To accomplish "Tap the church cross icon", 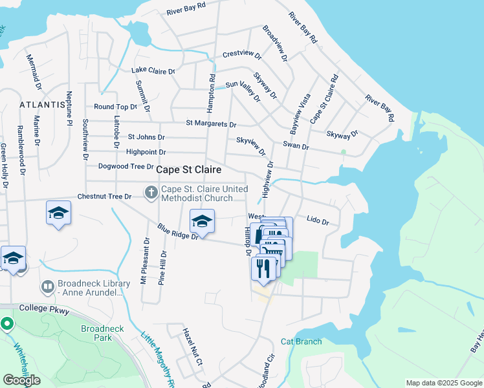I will (x=151, y=192).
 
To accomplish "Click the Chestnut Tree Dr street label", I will (x=104, y=196).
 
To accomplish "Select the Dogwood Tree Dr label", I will (x=125, y=166).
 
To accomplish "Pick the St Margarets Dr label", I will (x=211, y=123).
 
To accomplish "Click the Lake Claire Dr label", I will (x=153, y=70).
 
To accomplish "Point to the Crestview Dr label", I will (x=241, y=54).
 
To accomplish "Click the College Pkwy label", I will (x=43, y=308).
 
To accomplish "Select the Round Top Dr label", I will (x=115, y=107).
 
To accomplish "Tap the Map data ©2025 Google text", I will (x=443, y=382).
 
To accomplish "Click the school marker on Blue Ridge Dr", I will (x=202, y=222).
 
